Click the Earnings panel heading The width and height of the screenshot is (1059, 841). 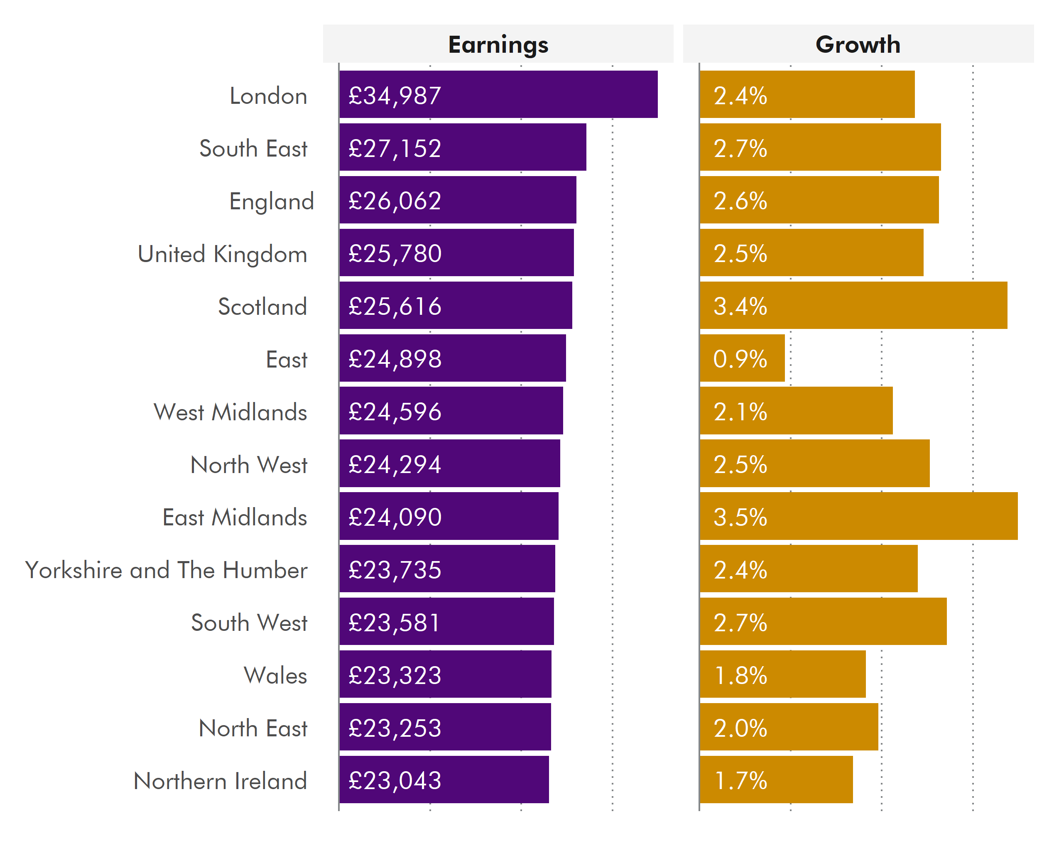click(498, 45)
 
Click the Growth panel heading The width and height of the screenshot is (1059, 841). click(858, 45)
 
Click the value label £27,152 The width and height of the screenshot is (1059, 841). click(395, 148)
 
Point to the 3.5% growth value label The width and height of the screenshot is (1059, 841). click(740, 517)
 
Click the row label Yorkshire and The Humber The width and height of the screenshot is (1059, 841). click(166, 570)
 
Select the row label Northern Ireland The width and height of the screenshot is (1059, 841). click(220, 781)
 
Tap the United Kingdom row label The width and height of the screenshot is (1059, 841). click(222, 254)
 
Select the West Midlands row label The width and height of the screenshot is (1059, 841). click(230, 412)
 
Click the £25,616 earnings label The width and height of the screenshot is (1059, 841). click(395, 306)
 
